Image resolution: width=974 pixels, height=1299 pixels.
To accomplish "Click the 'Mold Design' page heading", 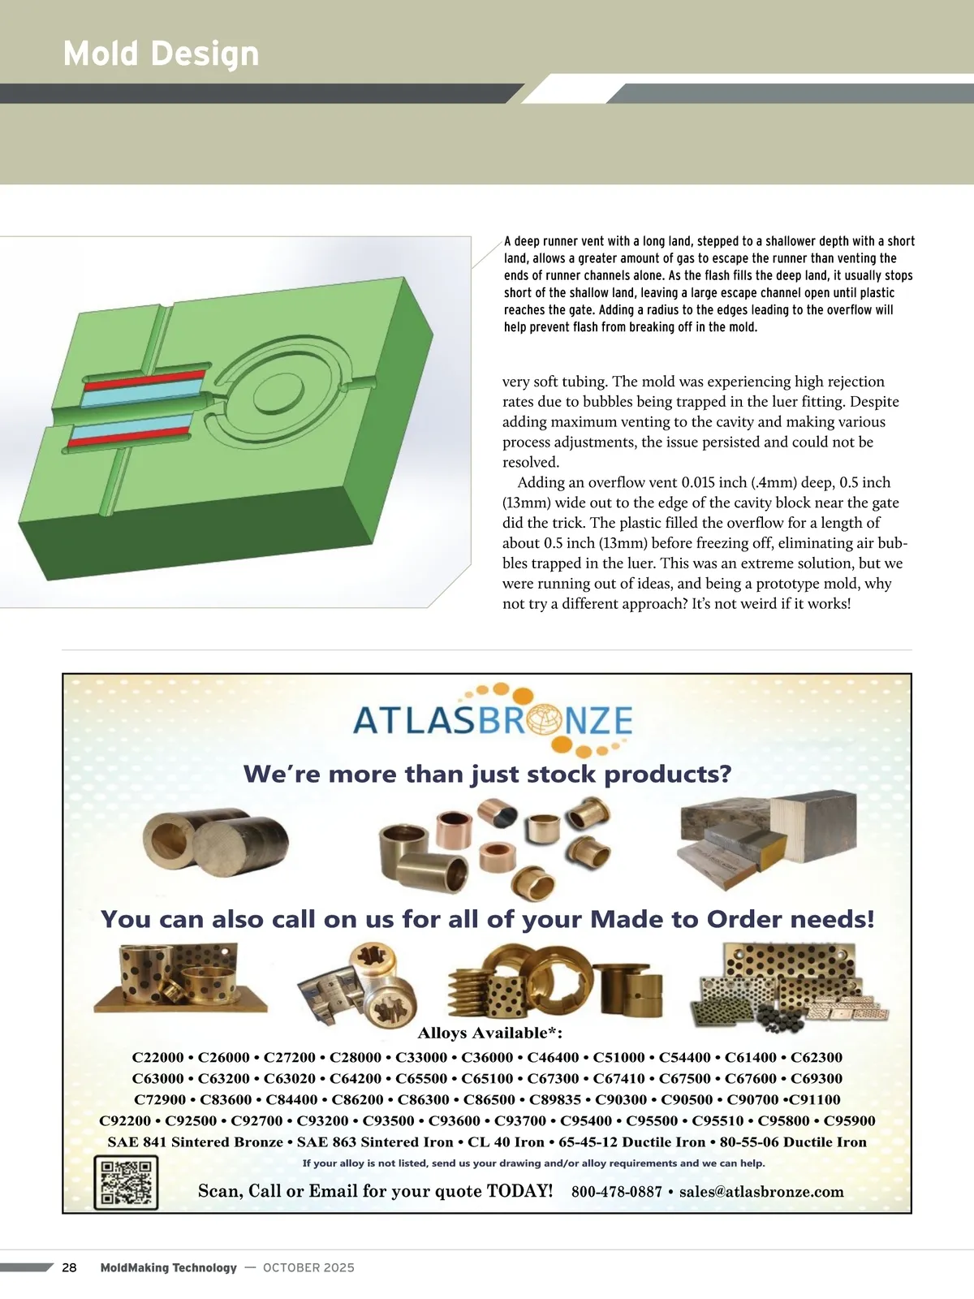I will (161, 54).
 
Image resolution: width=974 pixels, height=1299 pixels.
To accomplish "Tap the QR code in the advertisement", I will (126, 1182).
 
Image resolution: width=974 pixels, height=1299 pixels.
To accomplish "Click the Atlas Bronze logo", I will (493, 719).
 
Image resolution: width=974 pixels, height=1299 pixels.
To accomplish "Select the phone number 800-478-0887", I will (616, 1192).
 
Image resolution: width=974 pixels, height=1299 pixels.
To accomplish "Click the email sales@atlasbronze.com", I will (761, 1192).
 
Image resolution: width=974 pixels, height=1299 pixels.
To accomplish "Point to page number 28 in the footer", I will (70, 1267).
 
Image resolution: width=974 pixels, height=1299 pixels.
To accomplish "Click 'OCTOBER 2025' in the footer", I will (308, 1267).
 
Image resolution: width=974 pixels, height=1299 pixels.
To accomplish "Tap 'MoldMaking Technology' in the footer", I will (169, 1267).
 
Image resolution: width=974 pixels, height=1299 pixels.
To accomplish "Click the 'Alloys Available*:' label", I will (489, 1033).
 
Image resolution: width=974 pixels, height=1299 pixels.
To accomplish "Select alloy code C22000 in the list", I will (157, 1057).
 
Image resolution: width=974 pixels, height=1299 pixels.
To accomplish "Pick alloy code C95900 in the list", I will (849, 1120).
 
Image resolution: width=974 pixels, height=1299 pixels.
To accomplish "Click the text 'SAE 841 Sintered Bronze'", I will (195, 1141).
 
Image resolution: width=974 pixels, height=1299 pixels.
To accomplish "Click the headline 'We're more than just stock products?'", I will (487, 774).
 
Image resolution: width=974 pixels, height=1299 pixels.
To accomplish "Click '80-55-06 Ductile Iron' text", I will (793, 1141).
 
